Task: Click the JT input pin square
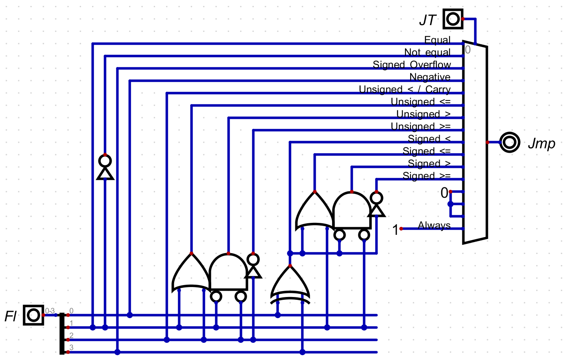[453, 19]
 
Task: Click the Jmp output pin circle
[510, 142]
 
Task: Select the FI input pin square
[33, 315]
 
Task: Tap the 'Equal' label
[437, 40]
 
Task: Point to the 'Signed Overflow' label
[411, 65]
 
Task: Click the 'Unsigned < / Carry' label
[404, 90]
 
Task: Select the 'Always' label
[434, 225]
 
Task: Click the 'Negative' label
[430, 77]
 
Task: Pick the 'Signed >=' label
[426, 176]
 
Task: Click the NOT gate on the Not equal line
[105, 167]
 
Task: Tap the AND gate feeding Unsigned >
[228, 272]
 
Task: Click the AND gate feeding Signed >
[352, 210]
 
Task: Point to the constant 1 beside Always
[395, 230]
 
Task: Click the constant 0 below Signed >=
[444, 193]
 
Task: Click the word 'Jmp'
[541, 143]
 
